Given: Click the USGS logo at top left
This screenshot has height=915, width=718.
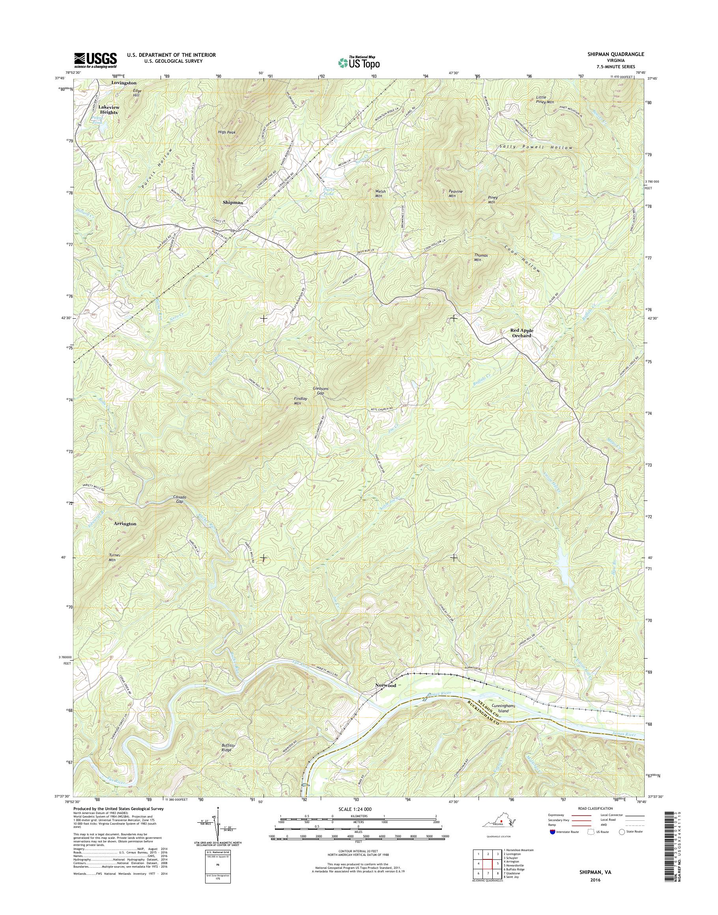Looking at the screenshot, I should (x=95, y=60).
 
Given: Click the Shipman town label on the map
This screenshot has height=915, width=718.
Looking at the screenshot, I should (x=233, y=202).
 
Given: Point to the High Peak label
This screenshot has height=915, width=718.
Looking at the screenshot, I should (x=226, y=133).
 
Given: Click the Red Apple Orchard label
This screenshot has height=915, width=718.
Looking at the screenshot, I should (x=521, y=333).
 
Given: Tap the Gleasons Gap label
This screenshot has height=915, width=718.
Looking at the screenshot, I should (x=320, y=391).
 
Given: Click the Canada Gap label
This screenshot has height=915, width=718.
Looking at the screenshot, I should (x=179, y=499).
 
